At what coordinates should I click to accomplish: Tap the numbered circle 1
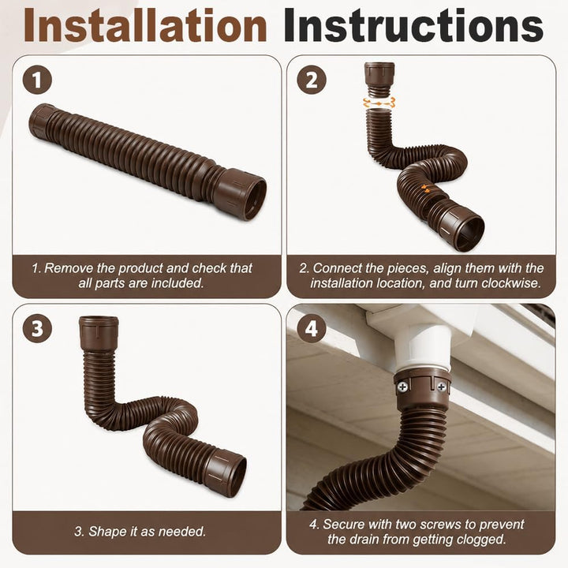(x=37, y=80)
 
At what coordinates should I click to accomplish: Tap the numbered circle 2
(x=312, y=80)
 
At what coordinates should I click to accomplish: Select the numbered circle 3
(x=37, y=329)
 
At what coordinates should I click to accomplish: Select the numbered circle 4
(x=312, y=329)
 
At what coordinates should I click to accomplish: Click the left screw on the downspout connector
(x=403, y=387)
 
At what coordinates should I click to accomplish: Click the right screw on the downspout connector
(x=442, y=387)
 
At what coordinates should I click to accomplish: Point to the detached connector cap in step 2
(x=379, y=80)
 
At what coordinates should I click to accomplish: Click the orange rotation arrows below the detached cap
(x=379, y=103)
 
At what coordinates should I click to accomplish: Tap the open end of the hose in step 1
(x=251, y=196)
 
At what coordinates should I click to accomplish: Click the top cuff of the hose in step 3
(x=99, y=333)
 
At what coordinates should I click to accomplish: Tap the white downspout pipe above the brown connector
(x=422, y=346)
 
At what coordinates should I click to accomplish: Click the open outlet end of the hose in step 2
(x=469, y=232)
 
